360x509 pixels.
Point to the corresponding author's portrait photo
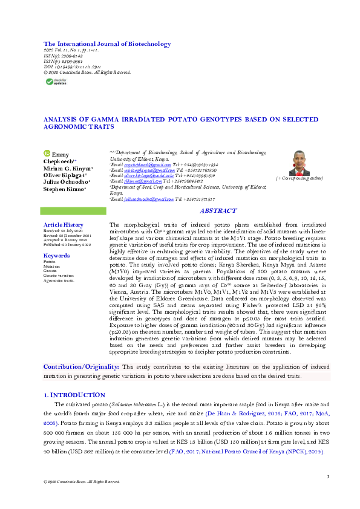pyautogui.click(x=299, y=163)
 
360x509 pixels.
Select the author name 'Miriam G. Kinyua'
pyautogui.click(x=68, y=168)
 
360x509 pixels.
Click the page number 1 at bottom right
pyautogui.click(x=327, y=477)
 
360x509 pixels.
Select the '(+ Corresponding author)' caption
pyautogui.click(x=299, y=179)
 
